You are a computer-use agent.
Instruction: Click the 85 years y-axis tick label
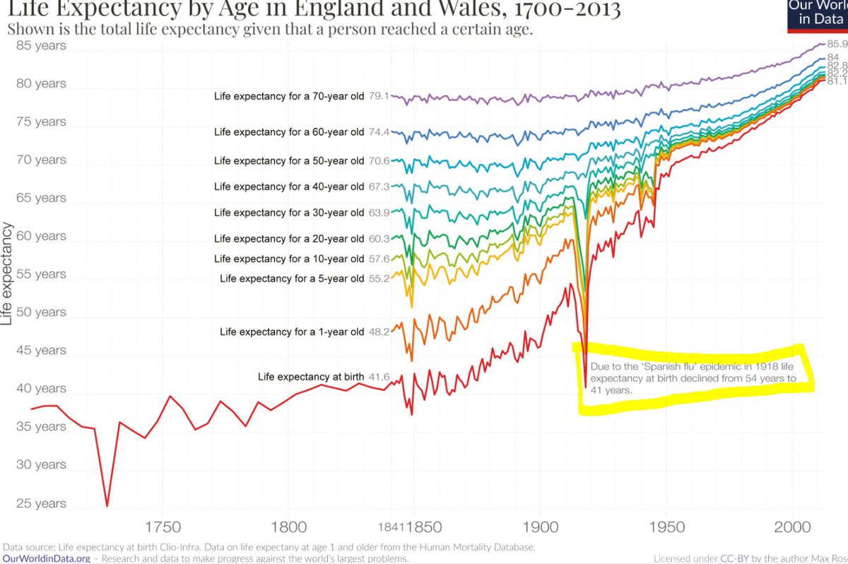[x=40, y=46]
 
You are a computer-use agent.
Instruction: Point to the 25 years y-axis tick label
[x=40, y=504]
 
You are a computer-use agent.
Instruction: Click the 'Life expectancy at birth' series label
[x=311, y=377]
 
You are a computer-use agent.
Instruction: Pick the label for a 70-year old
[x=289, y=96]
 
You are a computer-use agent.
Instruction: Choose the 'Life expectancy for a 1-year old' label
[x=292, y=331]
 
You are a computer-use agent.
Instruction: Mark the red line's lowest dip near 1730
[x=107, y=505]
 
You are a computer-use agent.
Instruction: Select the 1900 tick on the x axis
[x=540, y=527]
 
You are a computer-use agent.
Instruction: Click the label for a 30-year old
[x=289, y=213]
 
